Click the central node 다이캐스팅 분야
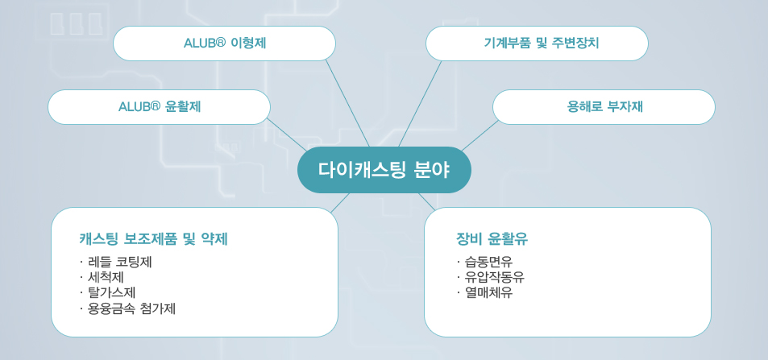coord(384,170)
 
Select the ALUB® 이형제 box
coord(224,43)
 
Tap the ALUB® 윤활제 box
coord(160,107)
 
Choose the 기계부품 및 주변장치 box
coord(537,43)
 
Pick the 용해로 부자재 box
coord(604,107)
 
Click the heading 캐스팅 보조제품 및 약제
coord(153,239)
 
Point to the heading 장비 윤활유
coord(492,239)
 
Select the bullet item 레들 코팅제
coord(119,262)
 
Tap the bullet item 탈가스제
coord(111,293)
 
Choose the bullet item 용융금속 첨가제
coord(131,308)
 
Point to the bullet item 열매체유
coord(488,293)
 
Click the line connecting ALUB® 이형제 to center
coord(348,104)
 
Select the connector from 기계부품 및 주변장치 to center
coord(420,104)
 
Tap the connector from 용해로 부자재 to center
coord(479,135)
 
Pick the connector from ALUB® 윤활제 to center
coord(287,134)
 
